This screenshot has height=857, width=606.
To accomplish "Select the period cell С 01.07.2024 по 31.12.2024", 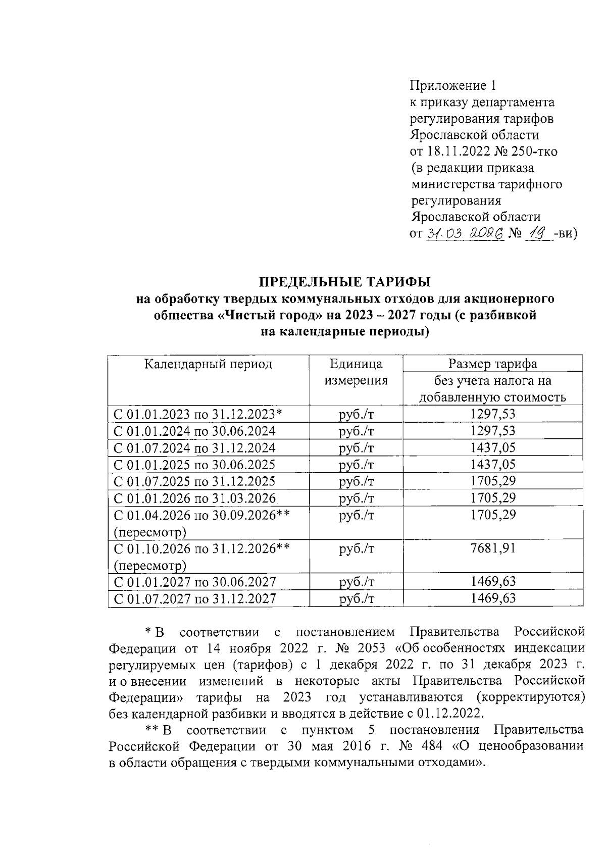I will pos(194,448).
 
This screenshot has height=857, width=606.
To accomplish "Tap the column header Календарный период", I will pos(208,364).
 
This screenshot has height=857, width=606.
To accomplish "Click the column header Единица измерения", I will pos(356,372).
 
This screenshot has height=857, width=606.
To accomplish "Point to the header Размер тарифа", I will pos(493,364).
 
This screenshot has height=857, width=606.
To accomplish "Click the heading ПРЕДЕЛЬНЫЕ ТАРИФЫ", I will pos(345,281).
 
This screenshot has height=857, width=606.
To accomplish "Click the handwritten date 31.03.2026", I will pos(465,234).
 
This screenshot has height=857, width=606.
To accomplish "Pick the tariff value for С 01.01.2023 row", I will pos(493,415).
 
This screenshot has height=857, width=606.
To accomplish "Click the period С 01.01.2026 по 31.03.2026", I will pos(194,498).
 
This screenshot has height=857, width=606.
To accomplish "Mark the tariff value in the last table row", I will pos(493,598).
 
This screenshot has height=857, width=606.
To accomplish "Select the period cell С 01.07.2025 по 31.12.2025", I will pos(194,481).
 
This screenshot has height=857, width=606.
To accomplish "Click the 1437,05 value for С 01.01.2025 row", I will pos(493,465).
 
